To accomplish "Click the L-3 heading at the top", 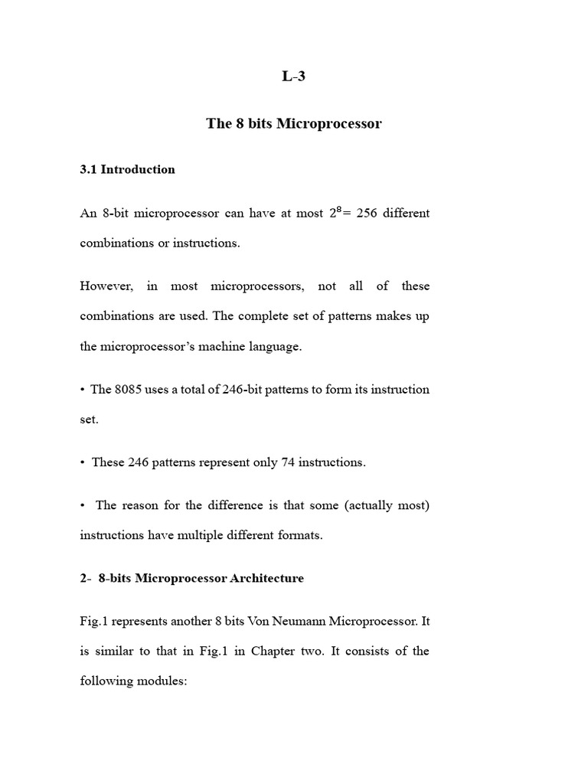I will (293, 77).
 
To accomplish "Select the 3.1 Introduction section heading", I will (127, 170).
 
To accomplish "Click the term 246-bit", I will (244, 389).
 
